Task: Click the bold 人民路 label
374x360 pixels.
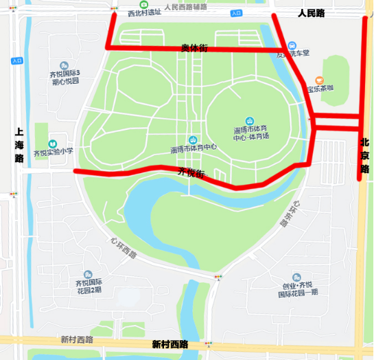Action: click(311, 13)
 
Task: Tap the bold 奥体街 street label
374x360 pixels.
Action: click(194, 48)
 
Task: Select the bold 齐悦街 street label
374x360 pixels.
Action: click(191, 172)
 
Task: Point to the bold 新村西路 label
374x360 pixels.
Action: click(170, 344)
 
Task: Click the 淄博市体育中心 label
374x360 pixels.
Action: click(194, 148)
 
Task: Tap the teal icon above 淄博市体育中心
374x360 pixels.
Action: click(194, 138)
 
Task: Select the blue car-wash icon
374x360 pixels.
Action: click(292, 44)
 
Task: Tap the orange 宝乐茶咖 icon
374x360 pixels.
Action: click(319, 80)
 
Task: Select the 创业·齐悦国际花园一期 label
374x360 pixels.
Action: click(297, 289)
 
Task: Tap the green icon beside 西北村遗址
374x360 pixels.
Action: click(144, 4)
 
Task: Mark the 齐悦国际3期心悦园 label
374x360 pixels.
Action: click(66, 77)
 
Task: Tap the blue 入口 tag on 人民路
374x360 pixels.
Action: click(236, 13)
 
